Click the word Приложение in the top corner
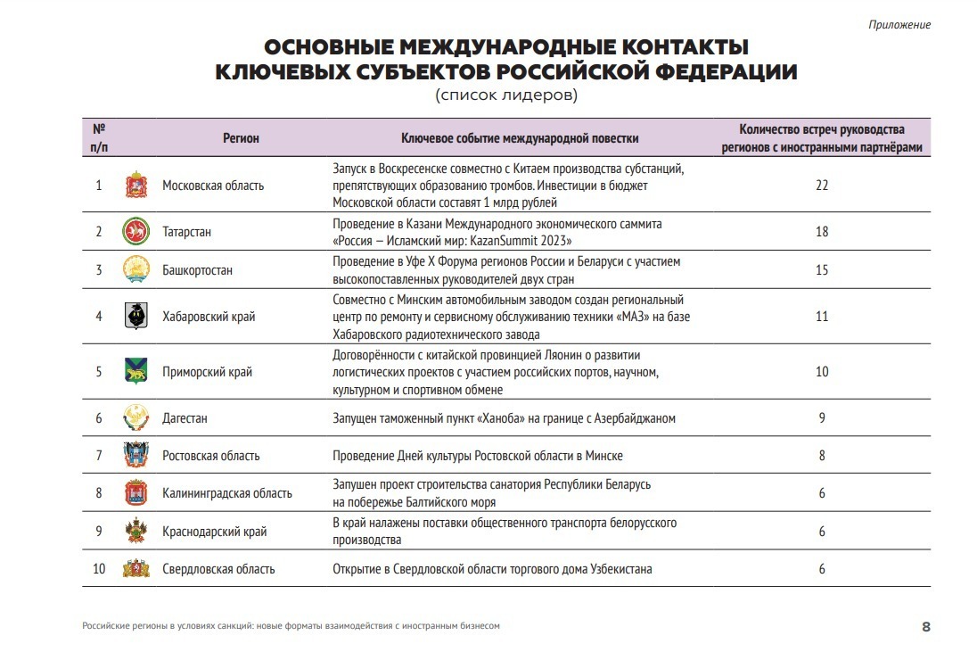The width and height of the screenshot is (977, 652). click(899, 25)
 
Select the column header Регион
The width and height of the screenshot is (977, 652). click(241, 138)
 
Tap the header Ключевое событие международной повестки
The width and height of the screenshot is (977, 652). click(520, 138)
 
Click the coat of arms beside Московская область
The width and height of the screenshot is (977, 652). click(135, 186)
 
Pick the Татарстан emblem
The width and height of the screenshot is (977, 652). click(135, 232)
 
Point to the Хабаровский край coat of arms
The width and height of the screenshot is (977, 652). click(135, 317)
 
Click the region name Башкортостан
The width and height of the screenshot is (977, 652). click(197, 269)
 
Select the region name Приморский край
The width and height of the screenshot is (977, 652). click(207, 372)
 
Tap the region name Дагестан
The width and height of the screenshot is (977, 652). click(185, 418)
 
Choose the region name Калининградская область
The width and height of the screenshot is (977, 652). click(226, 493)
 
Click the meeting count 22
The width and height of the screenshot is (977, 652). click(822, 186)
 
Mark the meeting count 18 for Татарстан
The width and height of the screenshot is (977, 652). click(822, 232)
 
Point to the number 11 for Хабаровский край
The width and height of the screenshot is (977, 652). click(822, 317)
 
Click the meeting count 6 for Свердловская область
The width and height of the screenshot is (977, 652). click(822, 569)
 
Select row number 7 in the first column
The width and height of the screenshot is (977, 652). click(99, 456)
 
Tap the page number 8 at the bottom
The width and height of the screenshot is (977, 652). click(925, 626)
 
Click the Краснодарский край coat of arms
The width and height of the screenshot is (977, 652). click(135, 532)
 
